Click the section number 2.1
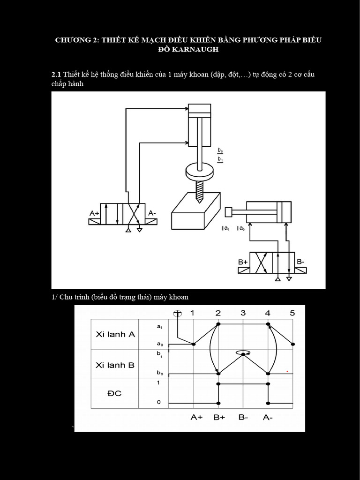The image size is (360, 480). [56, 75]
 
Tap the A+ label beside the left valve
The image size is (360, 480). [95, 213]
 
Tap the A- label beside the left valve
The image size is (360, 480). [152, 213]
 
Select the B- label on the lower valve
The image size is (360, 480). [301, 262]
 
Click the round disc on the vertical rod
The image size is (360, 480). [200, 171]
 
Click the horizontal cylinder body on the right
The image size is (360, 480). [268, 212]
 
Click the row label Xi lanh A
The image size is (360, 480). [115, 334]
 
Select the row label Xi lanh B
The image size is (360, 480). [115, 365]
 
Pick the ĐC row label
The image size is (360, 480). [114, 393]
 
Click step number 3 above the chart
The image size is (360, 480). [243, 313]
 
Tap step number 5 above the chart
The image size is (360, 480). [292, 313]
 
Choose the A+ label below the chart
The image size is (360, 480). [196, 417]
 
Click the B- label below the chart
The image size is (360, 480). [243, 417]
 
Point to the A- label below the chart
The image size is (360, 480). [268, 417]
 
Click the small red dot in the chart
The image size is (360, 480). [287, 371]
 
